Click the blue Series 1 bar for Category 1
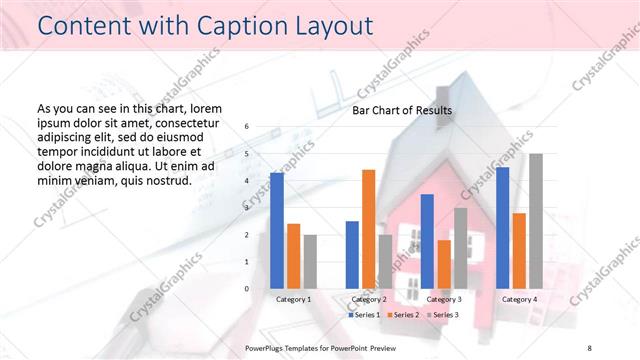pyautogui.click(x=277, y=231)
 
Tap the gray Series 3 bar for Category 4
pyautogui.click(x=536, y=221)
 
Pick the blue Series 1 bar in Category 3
pyautogui.click(x=427, y=241)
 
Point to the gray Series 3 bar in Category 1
pyautogui.click(x=310, y=262)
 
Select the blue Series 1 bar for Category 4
pyautogui.click(x=503, y=228)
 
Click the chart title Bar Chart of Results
pyautogui.click(x=402, y=111)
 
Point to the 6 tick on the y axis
pyautogui.click(x=247, y=127)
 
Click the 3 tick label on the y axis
pyautogui.click(x=247, y=208)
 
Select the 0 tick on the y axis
pyautogui.click(x=247, y=289)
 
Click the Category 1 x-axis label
pyautogui.click(x=293, y=299)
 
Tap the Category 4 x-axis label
pyautogui.click(x=519, y=299)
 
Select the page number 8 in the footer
pyautogui.click(x=589, y=347)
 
